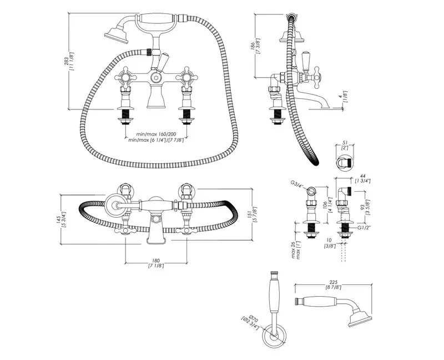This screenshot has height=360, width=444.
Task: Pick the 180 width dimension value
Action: click(156, 261)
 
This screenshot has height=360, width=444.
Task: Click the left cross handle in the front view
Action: click(129, 77)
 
